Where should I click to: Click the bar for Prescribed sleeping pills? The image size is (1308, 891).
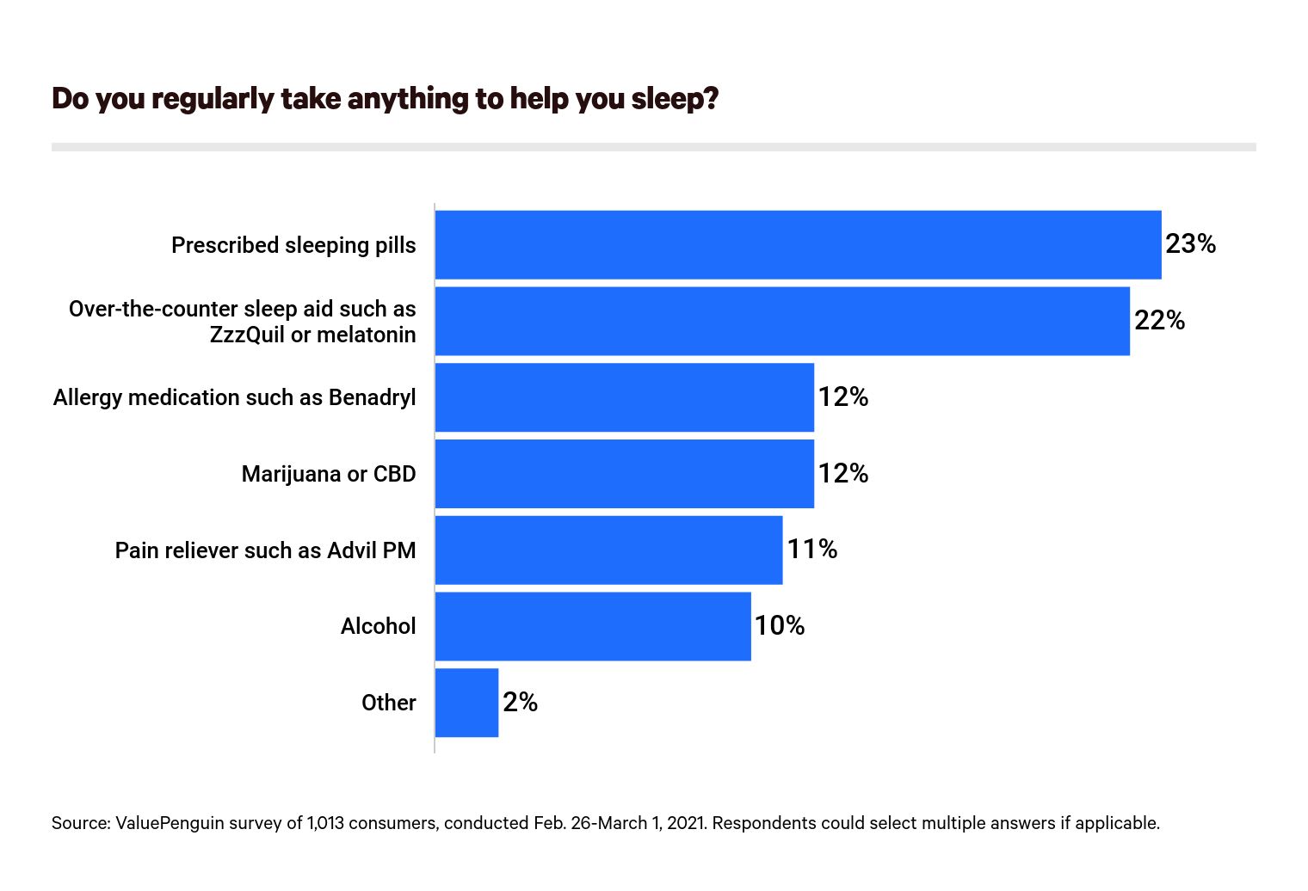(798, 245)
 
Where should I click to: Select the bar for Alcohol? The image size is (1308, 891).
(593, 626)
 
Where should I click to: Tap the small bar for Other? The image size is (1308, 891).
(466, 703)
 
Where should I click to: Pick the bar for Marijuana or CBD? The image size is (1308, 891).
(624, 474)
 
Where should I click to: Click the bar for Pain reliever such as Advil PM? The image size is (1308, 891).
(608, 550)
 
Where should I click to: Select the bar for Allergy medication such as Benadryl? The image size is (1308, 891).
(624, 397)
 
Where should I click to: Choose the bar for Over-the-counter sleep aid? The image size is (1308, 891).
(782, 321)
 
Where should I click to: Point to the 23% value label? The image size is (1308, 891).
(1190, 244)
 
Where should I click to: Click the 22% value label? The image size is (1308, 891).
(1159, 321)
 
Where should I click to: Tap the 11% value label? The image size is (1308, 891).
(811, 550)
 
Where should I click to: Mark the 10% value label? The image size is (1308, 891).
(780, 626)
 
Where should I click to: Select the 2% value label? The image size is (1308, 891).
(520, 703)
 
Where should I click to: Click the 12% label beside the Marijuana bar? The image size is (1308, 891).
(842, 474)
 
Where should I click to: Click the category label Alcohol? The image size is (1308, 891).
(378, 626)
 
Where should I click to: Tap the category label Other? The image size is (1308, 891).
(388, 703)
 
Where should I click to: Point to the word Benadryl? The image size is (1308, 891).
(372, 397)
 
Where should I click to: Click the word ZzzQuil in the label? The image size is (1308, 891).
(247, 335)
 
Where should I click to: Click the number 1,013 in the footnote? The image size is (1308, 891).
(325, 823)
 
